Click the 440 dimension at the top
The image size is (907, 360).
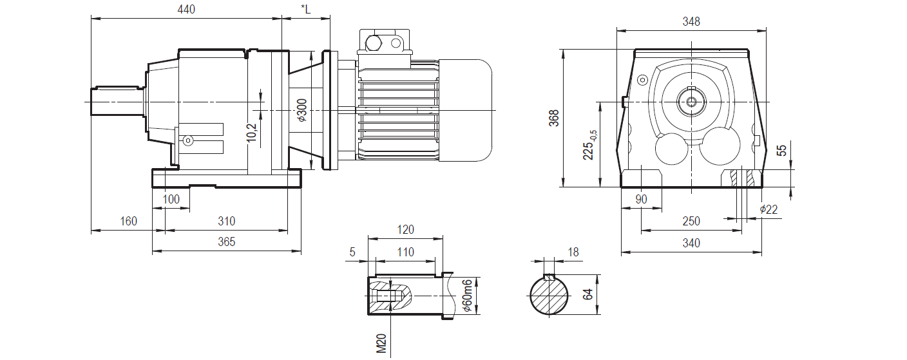[x=186, y=10]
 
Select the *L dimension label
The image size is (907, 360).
[x=305, y=10]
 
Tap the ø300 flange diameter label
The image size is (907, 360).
[x=302, y=110]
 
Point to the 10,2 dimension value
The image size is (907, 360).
[x=252, y=131]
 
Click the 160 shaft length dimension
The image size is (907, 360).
[x=128, y=222]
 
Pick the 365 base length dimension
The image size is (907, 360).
[x=226, y=242]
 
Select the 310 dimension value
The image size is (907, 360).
[x=226, y=222]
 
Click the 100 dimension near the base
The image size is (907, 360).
[x=171, y=200]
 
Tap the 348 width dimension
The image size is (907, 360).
[x=691, y=21]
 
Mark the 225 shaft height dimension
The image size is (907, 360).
[x=589, y=145]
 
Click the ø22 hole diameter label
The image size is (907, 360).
[x=769, y=209]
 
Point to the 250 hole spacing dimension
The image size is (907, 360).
[x=691, y=222]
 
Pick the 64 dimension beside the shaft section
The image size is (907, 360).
[x=587, y=295]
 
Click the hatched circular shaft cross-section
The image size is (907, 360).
[x=549, y=296]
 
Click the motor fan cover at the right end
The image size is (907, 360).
[x=465, y=110]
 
